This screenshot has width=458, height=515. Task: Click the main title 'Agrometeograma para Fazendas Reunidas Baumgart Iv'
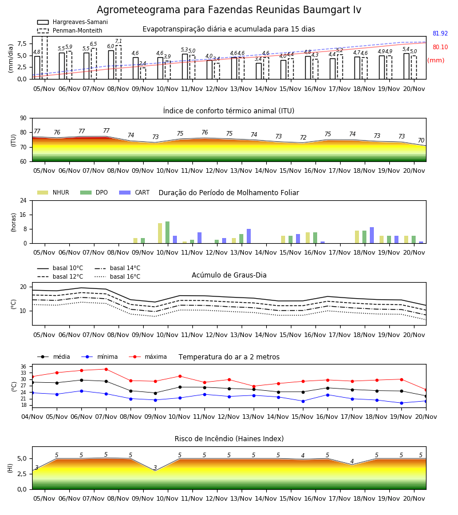click(x=228, y=10)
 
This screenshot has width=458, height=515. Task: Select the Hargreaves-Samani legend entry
click(x=72, y=22)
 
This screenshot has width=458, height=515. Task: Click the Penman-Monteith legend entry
click(x=70, y=30)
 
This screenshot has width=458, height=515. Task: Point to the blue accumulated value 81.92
click(x=440, y=34)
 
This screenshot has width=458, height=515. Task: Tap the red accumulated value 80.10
click(x=440, y=47)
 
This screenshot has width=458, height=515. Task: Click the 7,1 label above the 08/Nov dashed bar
click(x=119, y=41)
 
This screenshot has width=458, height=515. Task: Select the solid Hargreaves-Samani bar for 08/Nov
click(x=111, y=65)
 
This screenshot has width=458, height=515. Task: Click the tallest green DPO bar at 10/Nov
click(x=168, y=232)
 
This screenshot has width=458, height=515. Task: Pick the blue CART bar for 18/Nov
click(x=372, y=235)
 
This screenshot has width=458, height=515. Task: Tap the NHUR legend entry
click(x=53, y=192)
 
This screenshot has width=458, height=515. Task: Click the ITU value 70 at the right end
click(x=421, y=140)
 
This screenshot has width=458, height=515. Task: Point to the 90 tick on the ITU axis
click(x=23, y=118)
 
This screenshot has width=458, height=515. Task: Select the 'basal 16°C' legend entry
click(x=117, y=276)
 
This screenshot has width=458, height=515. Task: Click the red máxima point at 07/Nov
click(x=106, y=369)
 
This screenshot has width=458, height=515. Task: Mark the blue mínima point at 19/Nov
click(x=401, y=403)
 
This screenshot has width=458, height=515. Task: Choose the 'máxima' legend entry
click(x=148, y=356)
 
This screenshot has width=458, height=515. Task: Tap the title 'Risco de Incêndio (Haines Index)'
click(x=229, y=438)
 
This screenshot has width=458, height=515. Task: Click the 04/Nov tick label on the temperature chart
click(x=32, y=417)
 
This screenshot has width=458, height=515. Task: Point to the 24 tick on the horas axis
click(x=23, y=200)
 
